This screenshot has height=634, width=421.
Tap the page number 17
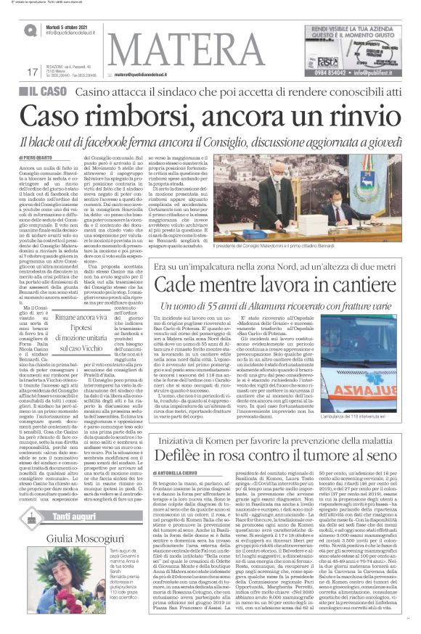[x=31, y=72]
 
